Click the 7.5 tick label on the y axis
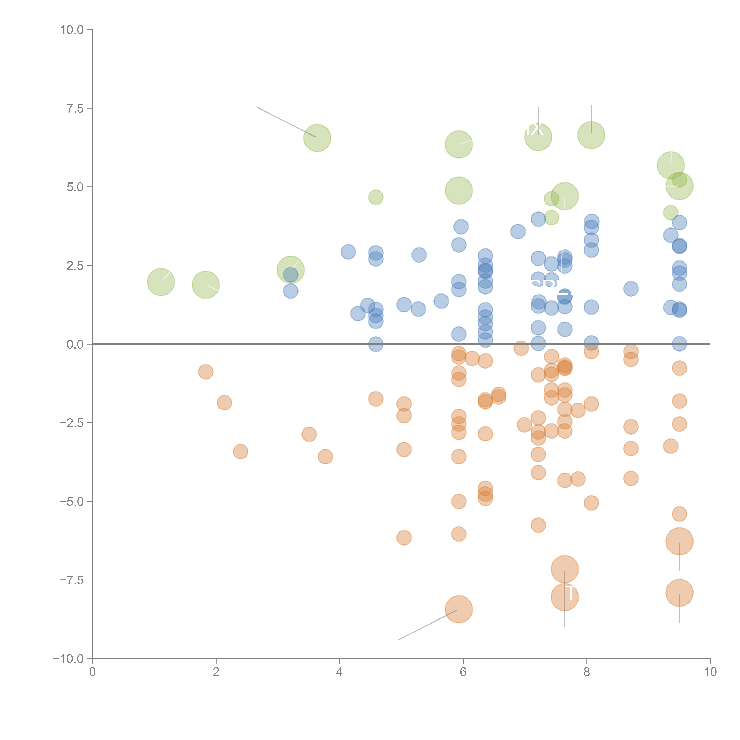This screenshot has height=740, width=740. coord(75,108)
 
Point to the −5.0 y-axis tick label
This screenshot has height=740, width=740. coord(72,501)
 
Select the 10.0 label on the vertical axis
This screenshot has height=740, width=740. coord(72,30)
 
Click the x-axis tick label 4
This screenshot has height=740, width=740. coord(339,672)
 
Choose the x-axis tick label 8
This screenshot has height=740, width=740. coord(587,672)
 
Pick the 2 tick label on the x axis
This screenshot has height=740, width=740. coord(216,672)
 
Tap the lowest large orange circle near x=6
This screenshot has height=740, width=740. coord(459,609)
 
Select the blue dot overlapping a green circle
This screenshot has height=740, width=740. coord(291,275)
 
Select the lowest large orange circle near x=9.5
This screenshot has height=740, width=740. coord(679,593)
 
